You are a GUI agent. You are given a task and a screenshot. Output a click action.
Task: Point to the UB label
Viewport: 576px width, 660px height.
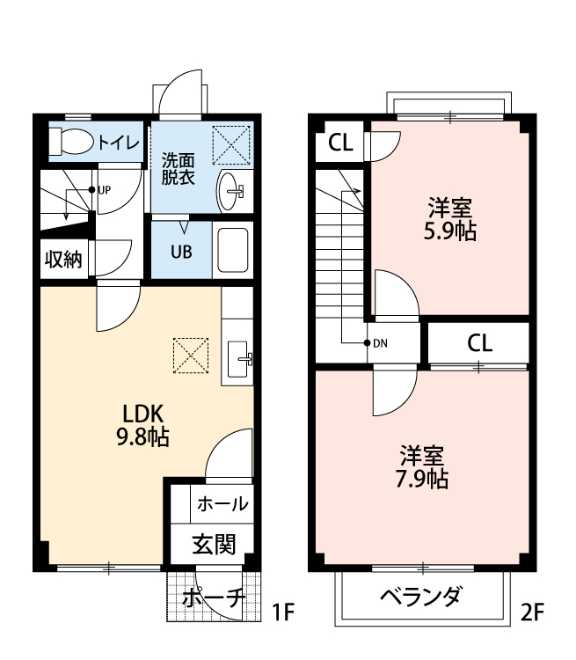[x=181, y=250]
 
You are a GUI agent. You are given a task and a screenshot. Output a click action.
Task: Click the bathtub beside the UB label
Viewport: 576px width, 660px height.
[x=233, y=251]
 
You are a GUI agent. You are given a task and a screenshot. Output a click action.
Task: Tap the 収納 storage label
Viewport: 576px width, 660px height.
[x=63, y=260]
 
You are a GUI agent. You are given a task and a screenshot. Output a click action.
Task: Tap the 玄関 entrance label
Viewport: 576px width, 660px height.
[x=214, y=545]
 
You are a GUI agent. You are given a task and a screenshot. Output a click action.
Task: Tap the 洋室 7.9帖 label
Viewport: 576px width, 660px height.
[x=423, y=467]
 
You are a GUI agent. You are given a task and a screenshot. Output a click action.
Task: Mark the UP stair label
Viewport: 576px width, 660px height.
[x=104, y=189]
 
